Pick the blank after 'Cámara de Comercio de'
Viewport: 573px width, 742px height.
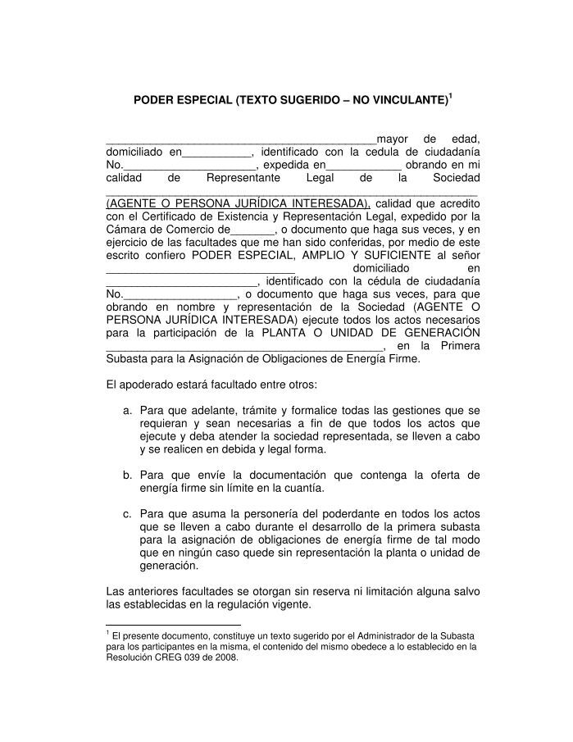pos(254,230)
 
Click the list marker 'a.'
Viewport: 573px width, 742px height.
pos(128,410)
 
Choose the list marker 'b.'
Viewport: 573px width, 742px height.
pos(128,475)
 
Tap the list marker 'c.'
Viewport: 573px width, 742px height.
pos(128,514)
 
